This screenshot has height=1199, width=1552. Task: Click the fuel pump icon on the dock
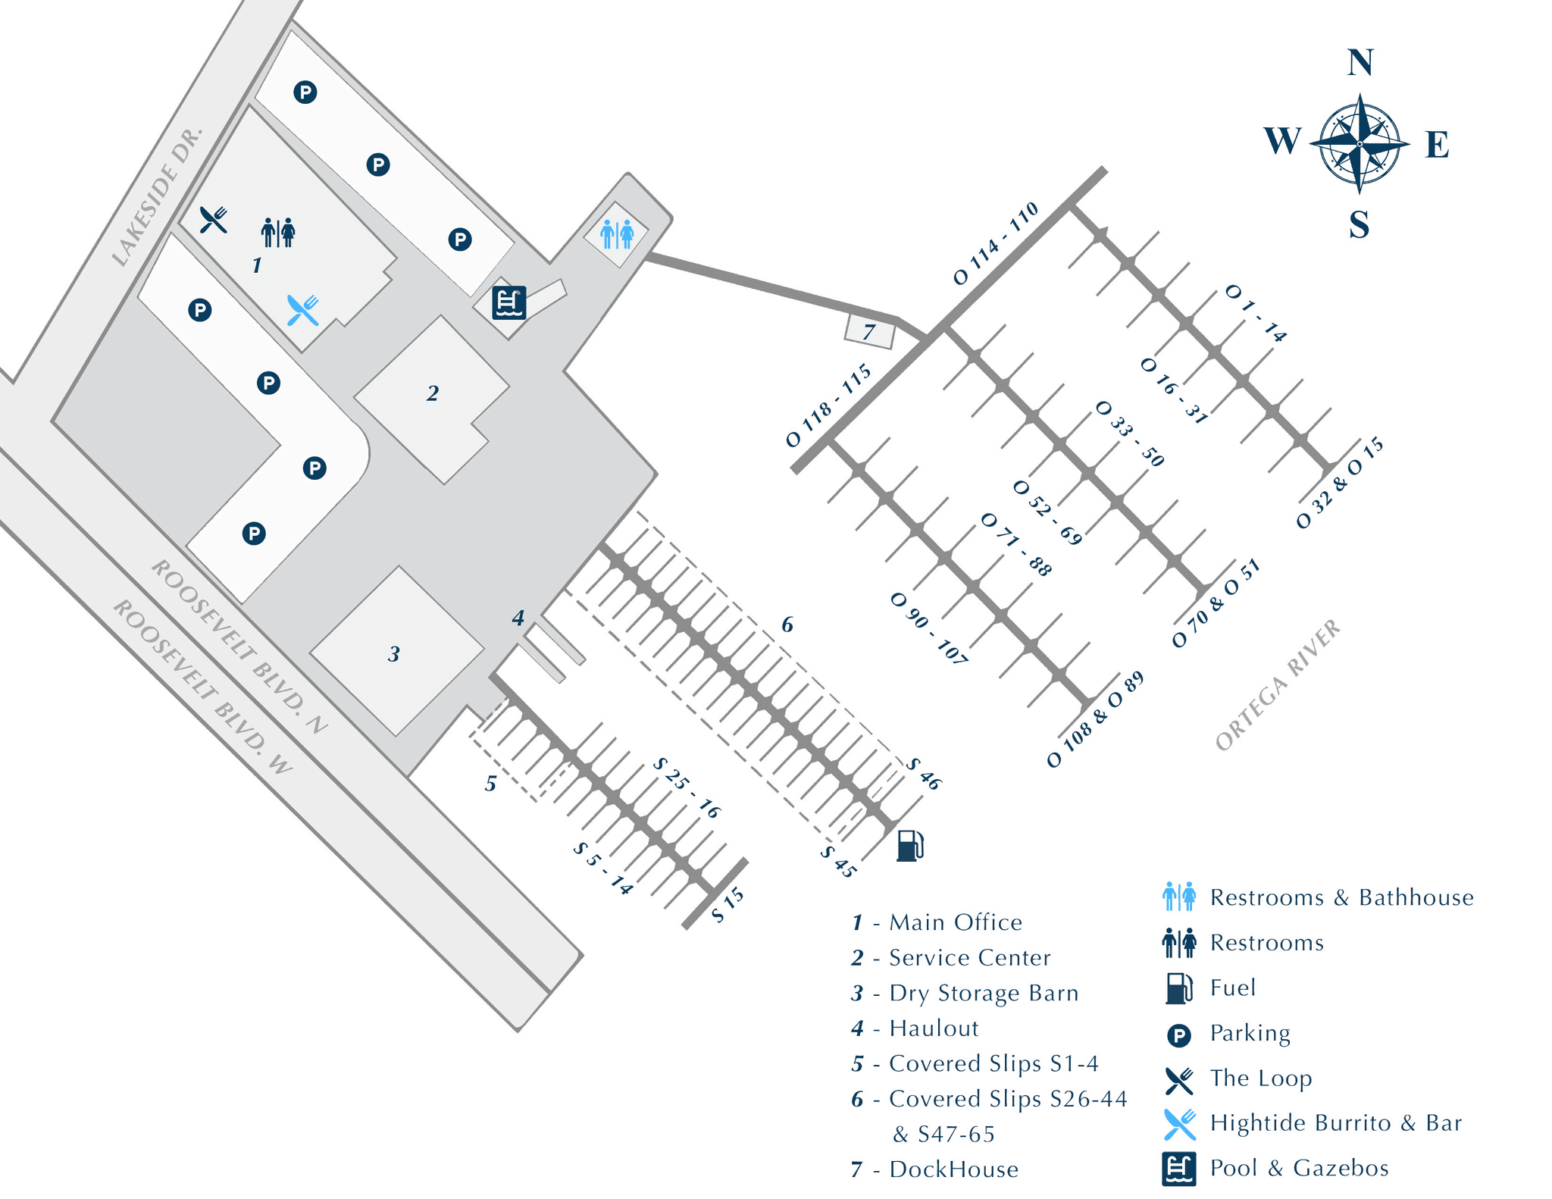pyautogui.click(x=910, y=844)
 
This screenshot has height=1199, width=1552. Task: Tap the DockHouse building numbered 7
pyautogui.click(x=869, y=332)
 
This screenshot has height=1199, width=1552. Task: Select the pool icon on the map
pyautogui.click(x=508, y=303)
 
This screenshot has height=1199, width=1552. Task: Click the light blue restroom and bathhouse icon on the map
pyautogui.click(x=617, y=234)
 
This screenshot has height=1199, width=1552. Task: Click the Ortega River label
pyautogui.click(x=1277, y=686)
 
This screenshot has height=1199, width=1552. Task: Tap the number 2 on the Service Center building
pyautogui.click(x=433, y=393)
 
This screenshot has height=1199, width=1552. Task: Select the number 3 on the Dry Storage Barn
pyautogui.click(x=394, y=654)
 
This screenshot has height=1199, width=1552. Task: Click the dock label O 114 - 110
pyautogui.click(x=996, y=243)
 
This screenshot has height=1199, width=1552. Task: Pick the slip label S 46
pyautogui.click(x=924, y=774)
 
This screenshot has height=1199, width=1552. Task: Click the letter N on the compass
pyautogui.click(x=1360, y=64)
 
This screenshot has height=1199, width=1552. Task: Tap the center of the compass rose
pyautogui.click(x=1360, y=142)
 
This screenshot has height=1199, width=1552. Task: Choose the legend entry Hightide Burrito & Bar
pyautogui.click(x=1336, y=1123)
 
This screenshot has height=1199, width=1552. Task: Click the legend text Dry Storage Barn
pyautogui.click(x=984, y=993)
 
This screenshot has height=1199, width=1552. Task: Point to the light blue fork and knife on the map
pyautogui.click(x=302, y=310)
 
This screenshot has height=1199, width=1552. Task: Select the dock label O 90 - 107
pyautogui.click(x=928, y=628)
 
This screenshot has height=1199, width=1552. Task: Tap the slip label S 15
pyautogui.click(x=728, y=906)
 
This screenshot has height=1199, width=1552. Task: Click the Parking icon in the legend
pyautogui.click(x=1179, y=1035)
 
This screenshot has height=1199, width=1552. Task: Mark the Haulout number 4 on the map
pyautogui.click(x=518, y=618)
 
